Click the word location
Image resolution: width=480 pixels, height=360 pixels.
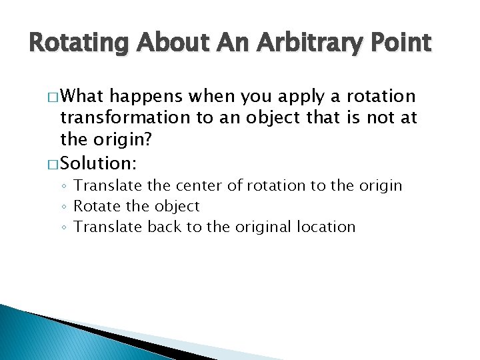pyautogui.click(x=328, y=227)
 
